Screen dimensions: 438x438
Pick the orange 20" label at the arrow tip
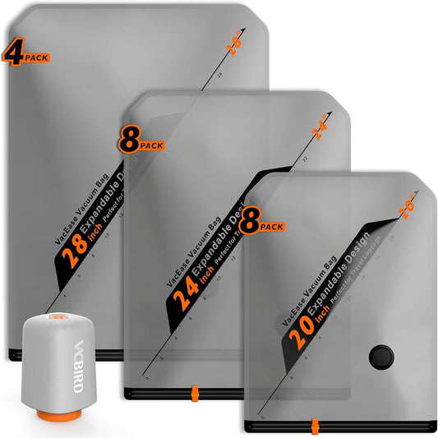coord(407,210)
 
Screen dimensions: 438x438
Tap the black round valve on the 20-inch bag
coord(380,356)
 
